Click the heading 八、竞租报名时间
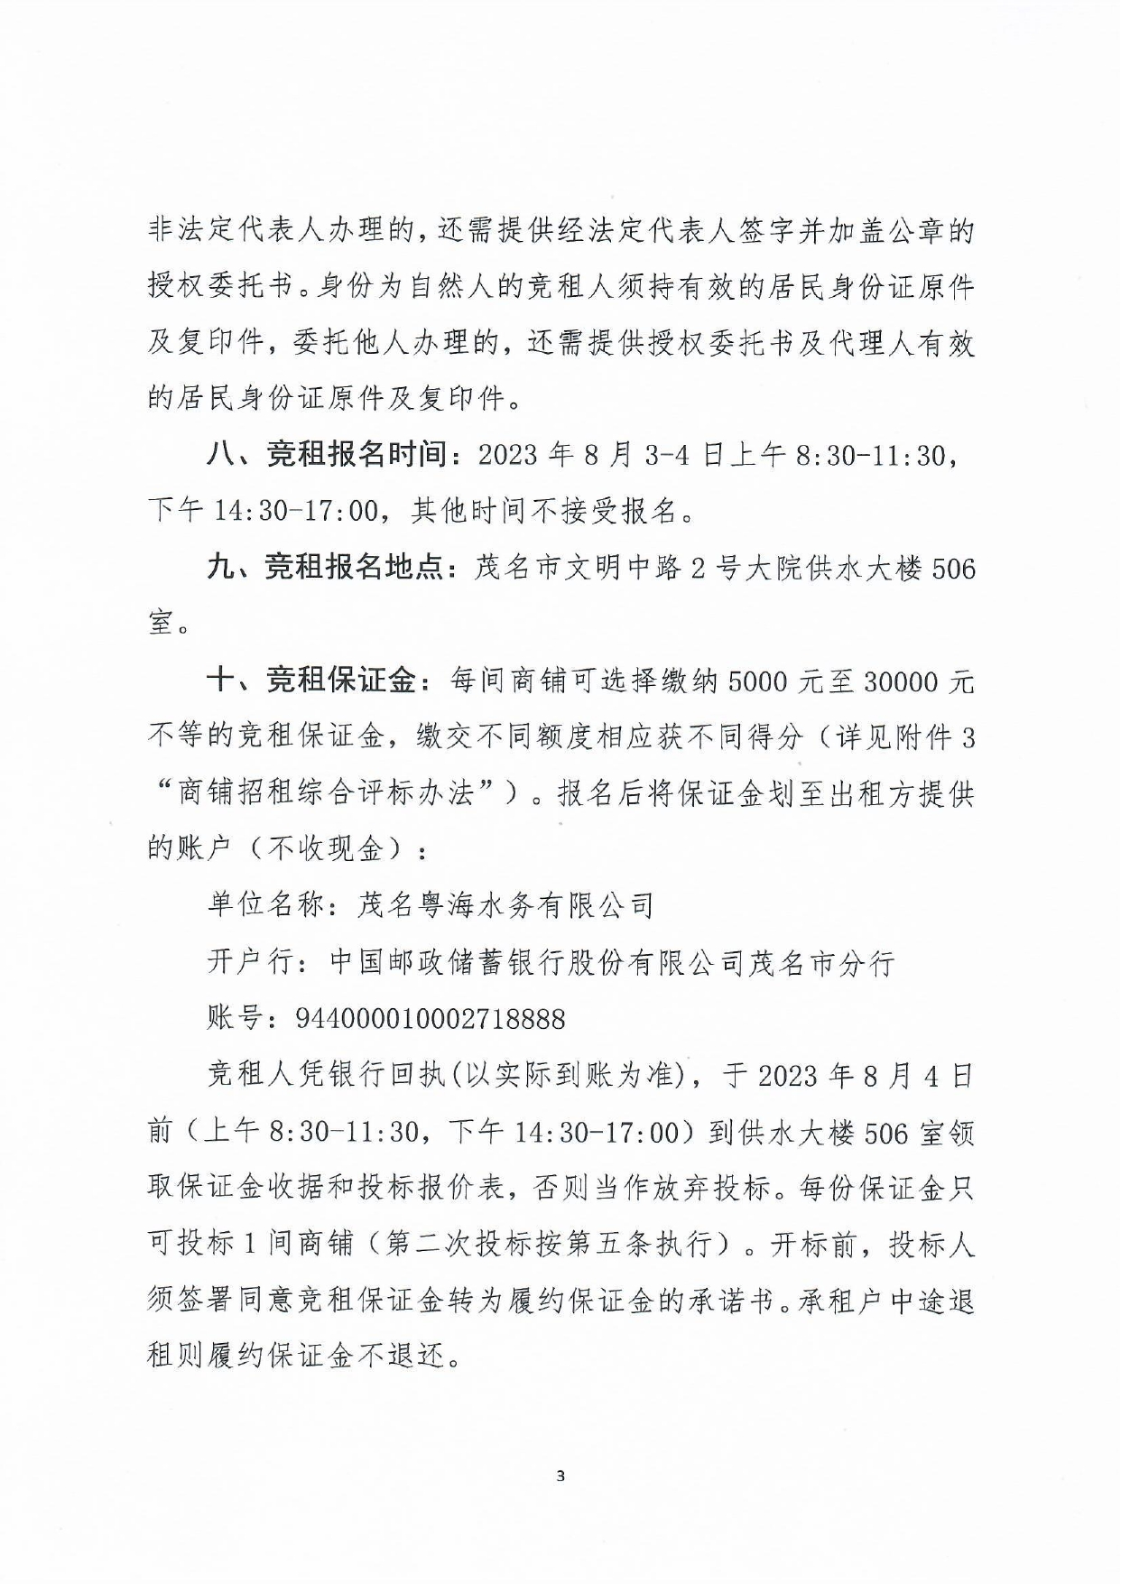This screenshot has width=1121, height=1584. click(327, 456)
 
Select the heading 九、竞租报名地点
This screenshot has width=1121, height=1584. click(327, 568)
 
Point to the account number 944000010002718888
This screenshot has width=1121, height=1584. click(431, 1019)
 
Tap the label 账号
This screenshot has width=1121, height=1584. click(236, 1019)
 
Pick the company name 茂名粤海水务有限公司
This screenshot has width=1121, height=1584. click(505, 905)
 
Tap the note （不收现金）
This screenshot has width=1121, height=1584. click(324, 849)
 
